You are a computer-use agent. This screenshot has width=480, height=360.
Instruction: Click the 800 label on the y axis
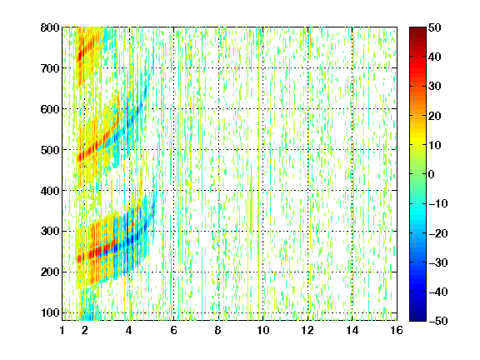point(50,27)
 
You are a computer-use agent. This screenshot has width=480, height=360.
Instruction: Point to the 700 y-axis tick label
point(50,68)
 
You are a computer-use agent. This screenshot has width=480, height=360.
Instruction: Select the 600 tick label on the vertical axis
point(50,109)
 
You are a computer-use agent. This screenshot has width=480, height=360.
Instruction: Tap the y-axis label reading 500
point(50,150)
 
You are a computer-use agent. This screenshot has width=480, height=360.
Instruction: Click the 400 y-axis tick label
point(50,191)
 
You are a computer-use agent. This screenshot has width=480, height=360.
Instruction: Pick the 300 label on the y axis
point(50,232)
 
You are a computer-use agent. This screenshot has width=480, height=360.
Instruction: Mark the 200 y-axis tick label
point(50,272)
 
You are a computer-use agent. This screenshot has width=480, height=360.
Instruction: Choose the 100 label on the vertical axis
point(50,312)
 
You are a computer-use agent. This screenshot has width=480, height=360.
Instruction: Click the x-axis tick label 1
point(62,330)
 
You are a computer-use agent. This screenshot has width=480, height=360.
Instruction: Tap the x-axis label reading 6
point(174,330)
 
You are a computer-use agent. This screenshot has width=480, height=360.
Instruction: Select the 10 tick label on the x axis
point(263,330)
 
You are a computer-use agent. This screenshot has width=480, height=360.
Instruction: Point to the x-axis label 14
point(352,330)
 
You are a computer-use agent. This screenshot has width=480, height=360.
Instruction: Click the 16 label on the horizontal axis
point(397,330)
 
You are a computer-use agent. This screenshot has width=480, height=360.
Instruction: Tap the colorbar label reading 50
point(434,27)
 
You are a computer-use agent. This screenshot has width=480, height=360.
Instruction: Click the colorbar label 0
point(432,174)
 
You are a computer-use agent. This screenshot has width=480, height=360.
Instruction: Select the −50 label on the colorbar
point(438,321)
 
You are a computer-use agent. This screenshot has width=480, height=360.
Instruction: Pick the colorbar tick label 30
point(434,87)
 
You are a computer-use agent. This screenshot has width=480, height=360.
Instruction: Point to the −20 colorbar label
point(438,233)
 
